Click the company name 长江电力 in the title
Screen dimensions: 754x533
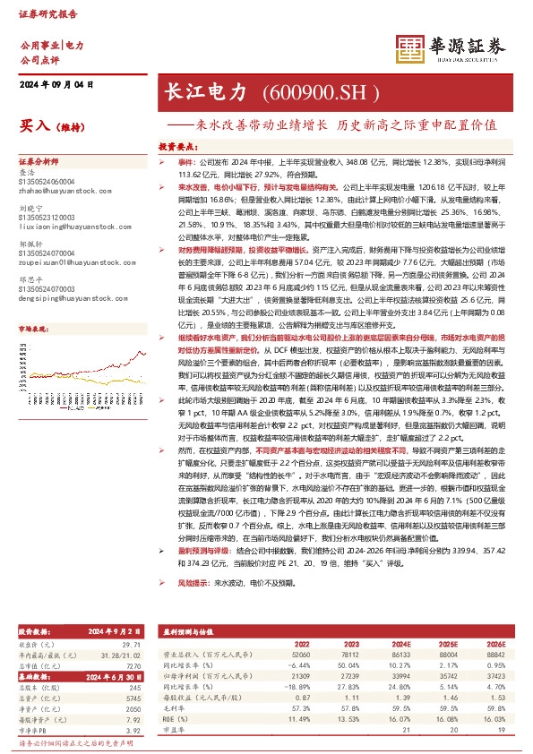tap(201, 92)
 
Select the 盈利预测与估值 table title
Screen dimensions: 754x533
tap(189, 604)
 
